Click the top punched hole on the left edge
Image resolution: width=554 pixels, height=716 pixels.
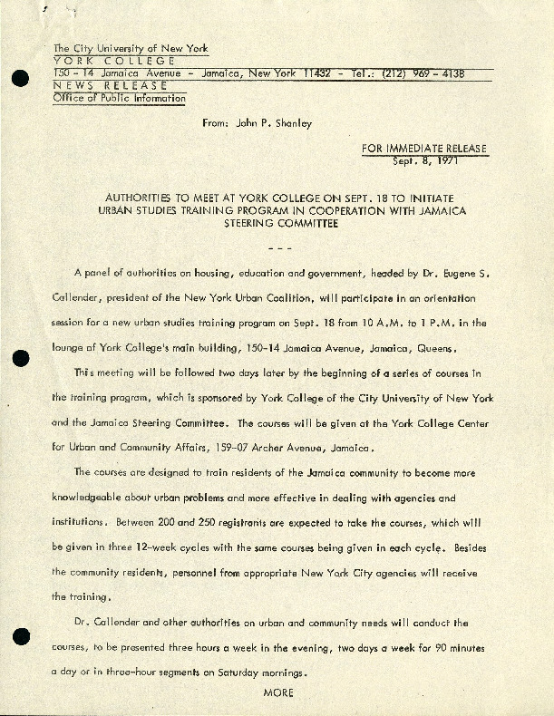pyautogui.click(x=18, y=79)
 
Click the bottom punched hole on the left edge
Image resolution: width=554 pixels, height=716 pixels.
pyautogui.click(x=18, y=637)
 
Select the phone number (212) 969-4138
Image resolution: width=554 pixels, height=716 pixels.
pyautogui.click(x=427, y=73)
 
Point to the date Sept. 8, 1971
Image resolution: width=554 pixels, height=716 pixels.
pyautogui.click(x=424, y=161)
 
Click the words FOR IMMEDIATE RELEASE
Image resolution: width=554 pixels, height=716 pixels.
pyautogui.click(x=424, y=149)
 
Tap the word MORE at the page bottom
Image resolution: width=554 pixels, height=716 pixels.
pyautogui.click(x=277, y=693)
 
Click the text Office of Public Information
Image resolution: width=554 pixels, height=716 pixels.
pyautogui.click(x=120, y=99)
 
